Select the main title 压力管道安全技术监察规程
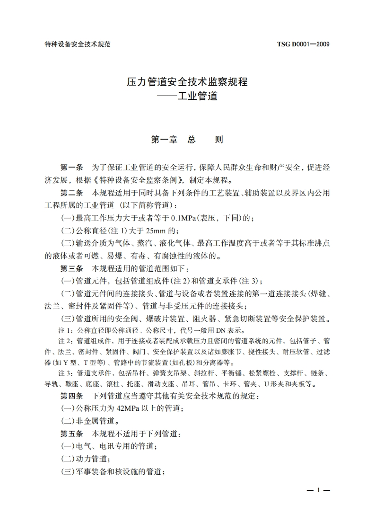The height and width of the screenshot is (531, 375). coord(187,82)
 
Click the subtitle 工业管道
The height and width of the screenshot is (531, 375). coord(198,96)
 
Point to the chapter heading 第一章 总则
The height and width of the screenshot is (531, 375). coord(187,140)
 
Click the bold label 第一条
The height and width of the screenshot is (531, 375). coord(71,168)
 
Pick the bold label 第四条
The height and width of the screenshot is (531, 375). coord(71,395)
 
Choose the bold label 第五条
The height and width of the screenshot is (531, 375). coord(71,433)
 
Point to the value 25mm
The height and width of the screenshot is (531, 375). coord(157,231)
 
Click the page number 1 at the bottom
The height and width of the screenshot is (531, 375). coord(319,490)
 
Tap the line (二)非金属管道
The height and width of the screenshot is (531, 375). coord(88,420)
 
